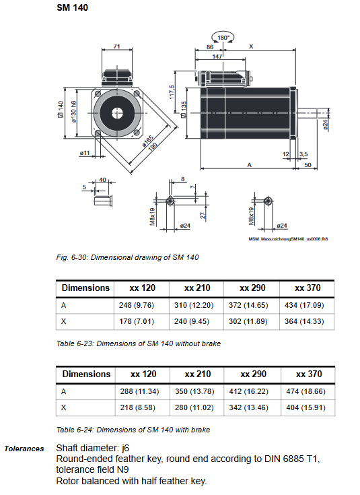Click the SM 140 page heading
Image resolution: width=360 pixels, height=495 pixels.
coord(72,7)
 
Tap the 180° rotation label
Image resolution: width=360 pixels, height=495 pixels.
coord(223,38)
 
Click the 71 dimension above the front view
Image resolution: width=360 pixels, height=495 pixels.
coord(116,46)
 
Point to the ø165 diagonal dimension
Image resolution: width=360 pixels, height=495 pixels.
coord(147,141)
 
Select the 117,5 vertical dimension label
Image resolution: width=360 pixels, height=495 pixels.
coord(172,92)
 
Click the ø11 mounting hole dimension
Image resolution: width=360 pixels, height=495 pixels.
coord(85,153)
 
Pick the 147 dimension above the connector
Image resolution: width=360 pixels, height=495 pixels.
coord(217,56)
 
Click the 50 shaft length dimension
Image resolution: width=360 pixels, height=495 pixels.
coord(308,164)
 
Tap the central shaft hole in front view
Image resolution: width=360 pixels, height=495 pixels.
coord(117,113)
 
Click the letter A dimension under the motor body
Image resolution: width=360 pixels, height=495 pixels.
coord(249,164)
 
